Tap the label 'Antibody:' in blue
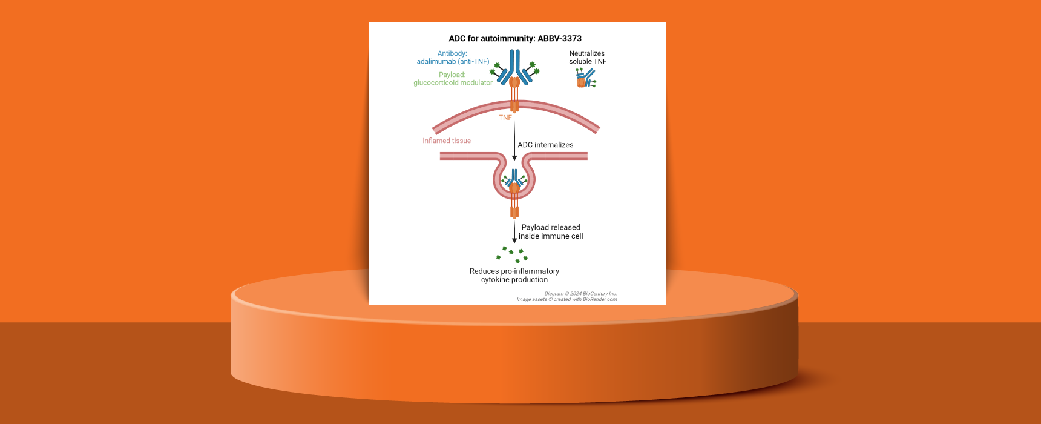point(452,53)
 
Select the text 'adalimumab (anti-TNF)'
point(453,61)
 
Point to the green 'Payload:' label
point(452,75)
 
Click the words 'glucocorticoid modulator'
point(453,82)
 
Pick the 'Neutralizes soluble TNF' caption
point(587,58)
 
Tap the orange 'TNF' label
point(505,118)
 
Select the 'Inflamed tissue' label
point(447,141)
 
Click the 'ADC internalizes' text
point(545,145)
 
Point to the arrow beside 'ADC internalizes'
point(514,142)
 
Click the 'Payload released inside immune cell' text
point(551,231)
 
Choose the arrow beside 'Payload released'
point(514,233)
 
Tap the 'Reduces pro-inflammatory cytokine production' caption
point(514,276)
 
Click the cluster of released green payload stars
point(512,254)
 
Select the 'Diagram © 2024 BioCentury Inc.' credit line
point(580,294)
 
